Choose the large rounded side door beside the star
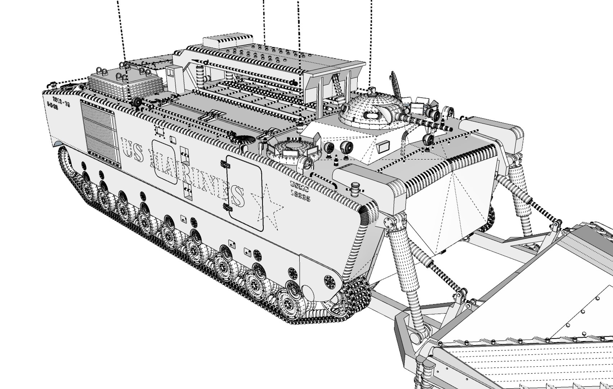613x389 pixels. pyautogui.click(x=245, y=193)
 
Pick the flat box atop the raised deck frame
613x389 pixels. pyautogui.click(x=219, y=42)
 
